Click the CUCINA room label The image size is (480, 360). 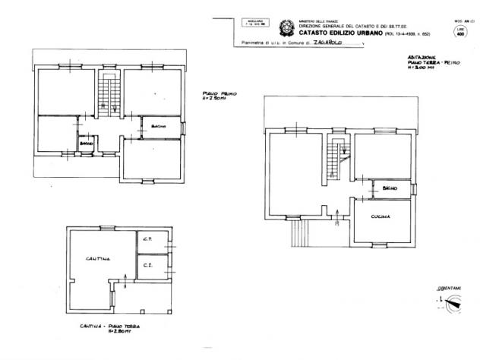coord(381,216)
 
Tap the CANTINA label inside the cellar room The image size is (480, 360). coord(99,259)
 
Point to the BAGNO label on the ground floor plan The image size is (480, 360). coord(390,188)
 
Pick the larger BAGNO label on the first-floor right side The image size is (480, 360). coord(159,125)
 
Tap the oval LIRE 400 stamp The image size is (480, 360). coord(461,33)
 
